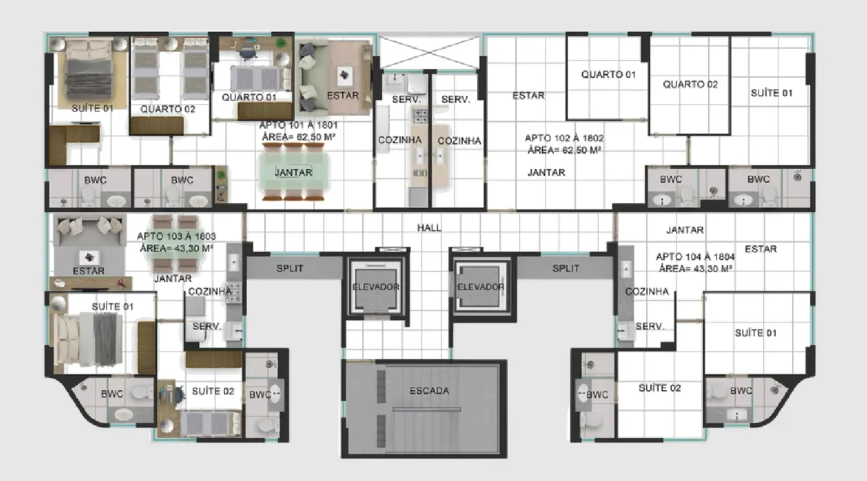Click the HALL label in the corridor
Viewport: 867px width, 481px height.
[429, 228]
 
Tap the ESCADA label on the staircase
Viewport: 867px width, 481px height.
[429, 391]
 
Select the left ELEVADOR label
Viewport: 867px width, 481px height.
[375, 287]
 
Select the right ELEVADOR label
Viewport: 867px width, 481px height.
[481, 287]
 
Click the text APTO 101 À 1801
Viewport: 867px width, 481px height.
[298, 125]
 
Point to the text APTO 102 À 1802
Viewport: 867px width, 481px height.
[564, 138]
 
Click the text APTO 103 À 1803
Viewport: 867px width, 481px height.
[176, 236]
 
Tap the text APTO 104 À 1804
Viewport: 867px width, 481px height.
[695, 256]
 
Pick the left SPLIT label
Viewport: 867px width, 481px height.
[290, 268]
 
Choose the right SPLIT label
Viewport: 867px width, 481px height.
[565, 268]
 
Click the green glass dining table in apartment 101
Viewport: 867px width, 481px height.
[294, 172]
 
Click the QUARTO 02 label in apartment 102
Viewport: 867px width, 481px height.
[690, 84]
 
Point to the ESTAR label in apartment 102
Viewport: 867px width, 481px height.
[528, 95]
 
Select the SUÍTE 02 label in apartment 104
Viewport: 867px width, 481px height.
[660, 388]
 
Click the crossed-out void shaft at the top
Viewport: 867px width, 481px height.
[430, 52]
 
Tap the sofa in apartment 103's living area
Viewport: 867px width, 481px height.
[90, 231]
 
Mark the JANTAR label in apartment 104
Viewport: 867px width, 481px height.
[684, 230]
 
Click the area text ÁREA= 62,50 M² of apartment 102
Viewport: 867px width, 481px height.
[564, 150]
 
